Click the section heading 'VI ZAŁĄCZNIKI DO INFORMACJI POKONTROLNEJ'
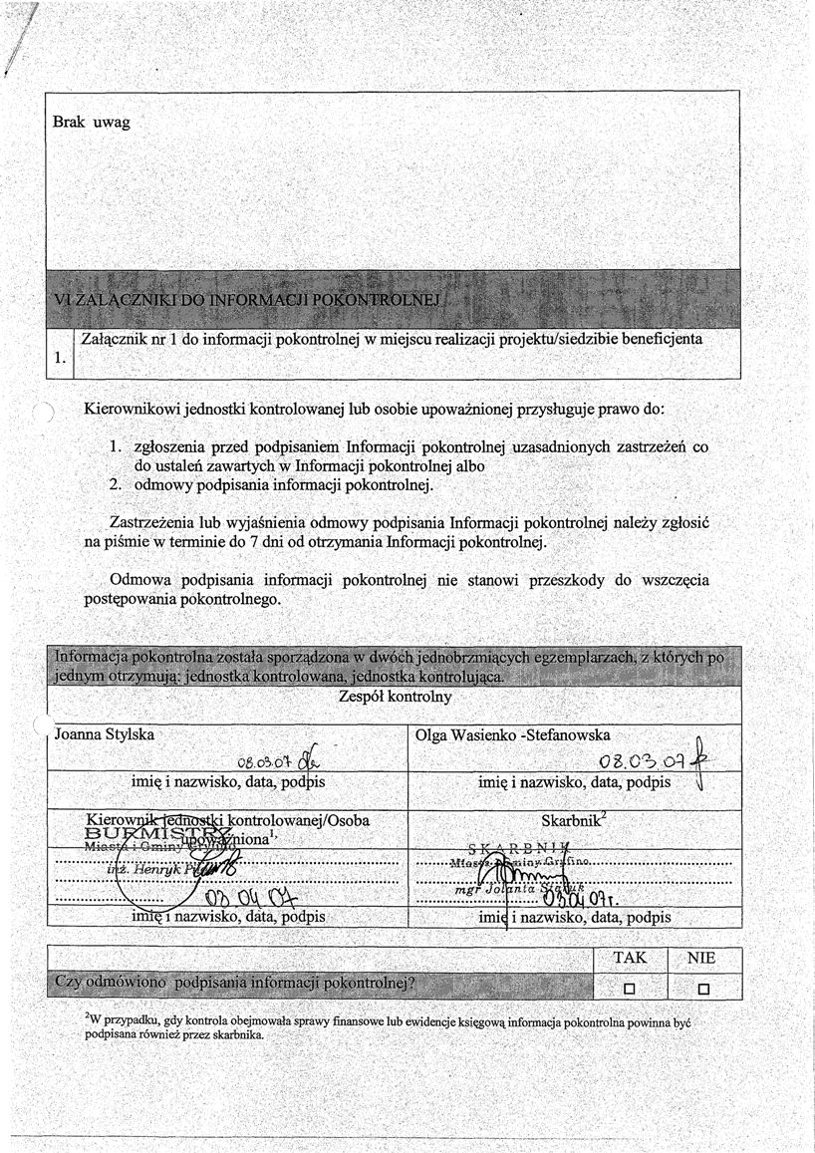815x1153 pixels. pyautogui.click(x=248, y=301)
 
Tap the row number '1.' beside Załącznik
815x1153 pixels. pyautogui.click(x=60, y=356)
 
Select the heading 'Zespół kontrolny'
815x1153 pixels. pyautogui.click(x=395, y=698)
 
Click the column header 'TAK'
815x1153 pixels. pyautogui.click(x=629, y=957)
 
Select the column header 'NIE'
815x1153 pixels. pyautogui.click(x=702, y=957)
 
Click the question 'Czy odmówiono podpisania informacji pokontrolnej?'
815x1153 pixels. pyautogui.click(x=235, y=982)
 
